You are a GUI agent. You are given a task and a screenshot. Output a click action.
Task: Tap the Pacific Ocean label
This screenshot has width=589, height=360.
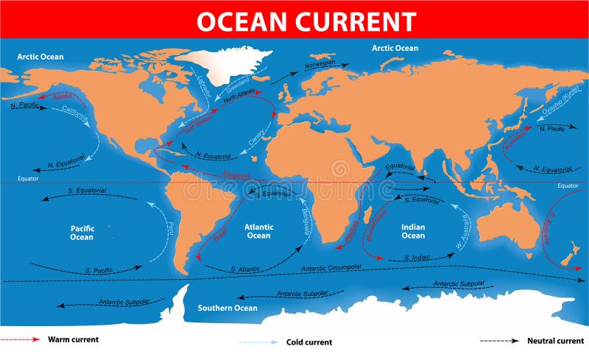(x=82, y=232)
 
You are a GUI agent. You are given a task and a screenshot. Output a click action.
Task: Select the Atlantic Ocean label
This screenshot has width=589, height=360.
(x=258, y=231)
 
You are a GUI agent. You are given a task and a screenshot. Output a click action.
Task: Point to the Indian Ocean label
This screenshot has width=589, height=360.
(x=413, y=231)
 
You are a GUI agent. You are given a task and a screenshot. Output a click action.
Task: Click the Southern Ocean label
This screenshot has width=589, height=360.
(x=228, y=308)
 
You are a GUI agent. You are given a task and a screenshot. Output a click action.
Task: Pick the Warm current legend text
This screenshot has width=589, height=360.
(x=73, y=339)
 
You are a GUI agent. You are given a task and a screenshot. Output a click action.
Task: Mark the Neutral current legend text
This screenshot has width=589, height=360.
(x=555, y=341)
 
